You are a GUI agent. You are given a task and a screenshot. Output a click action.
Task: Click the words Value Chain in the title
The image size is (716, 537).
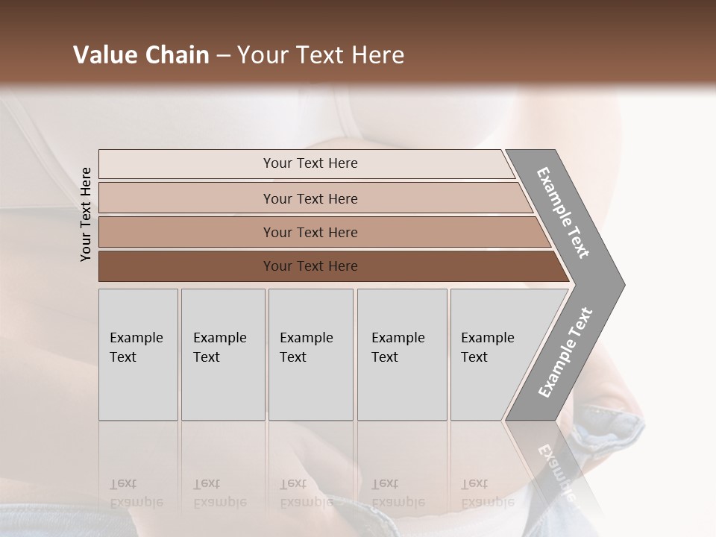pos(141,55)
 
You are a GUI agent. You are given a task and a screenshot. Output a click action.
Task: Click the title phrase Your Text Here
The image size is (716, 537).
pos(321,55)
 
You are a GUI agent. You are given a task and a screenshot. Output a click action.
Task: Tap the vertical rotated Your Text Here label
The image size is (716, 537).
pos(86,214)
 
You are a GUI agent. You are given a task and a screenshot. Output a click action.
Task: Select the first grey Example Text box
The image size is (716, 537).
pos(138,354)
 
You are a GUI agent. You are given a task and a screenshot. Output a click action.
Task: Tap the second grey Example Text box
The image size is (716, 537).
pos(222,354)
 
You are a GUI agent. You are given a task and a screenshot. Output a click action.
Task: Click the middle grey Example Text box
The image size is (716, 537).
pos(310,354)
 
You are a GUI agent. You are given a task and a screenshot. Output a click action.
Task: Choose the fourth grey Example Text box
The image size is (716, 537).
pos(402,354)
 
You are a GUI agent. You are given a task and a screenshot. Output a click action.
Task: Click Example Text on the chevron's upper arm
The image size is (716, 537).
pos(564,213)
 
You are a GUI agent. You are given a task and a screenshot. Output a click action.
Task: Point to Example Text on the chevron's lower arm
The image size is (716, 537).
pos(565,352)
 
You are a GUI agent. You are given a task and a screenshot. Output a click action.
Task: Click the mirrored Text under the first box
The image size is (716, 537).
pos(123,483)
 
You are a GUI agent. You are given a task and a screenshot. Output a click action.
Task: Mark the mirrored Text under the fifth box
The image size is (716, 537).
pos(474,483)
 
